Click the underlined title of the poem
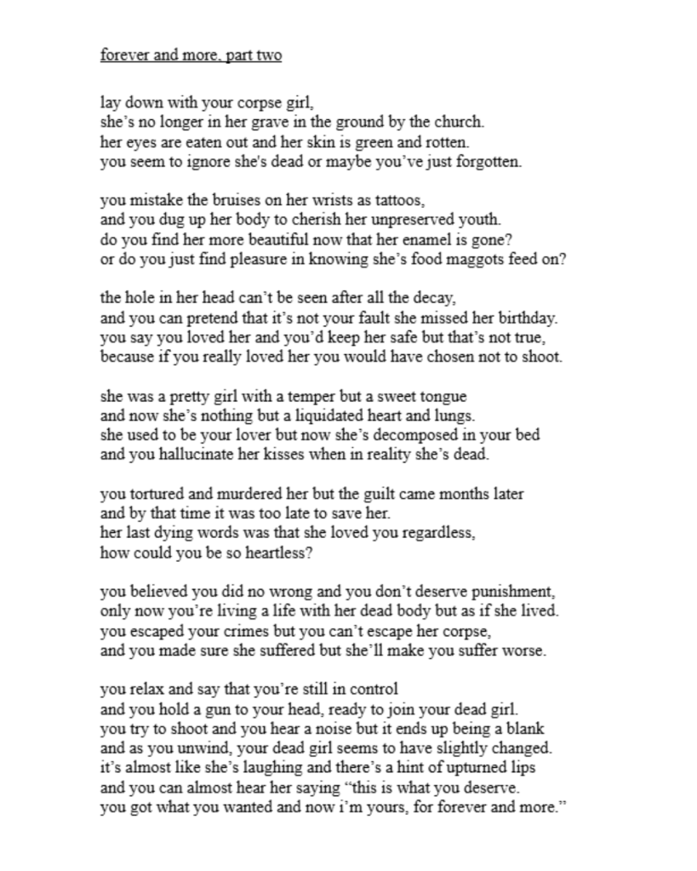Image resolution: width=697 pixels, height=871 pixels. tap(191, 57)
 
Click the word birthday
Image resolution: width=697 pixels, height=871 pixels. tap(528, 318)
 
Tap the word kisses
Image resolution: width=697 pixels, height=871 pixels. tap(294, 456)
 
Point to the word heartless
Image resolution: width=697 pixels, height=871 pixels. tap(264, 553)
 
